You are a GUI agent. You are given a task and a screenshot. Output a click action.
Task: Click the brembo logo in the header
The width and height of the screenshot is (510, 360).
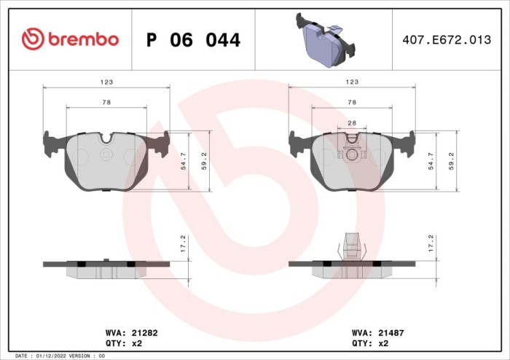(70, 39)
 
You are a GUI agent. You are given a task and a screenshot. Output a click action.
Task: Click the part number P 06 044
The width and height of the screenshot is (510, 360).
(193, 40)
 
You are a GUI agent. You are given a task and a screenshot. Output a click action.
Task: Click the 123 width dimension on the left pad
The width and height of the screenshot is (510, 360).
(106, 82)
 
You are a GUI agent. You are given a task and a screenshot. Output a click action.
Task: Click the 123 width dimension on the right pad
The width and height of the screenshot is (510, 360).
(352, 82)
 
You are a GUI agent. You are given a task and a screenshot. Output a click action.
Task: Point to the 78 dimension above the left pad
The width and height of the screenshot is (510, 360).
(106, 103)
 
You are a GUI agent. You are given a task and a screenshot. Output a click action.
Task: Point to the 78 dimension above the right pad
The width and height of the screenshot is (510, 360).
(352, 103)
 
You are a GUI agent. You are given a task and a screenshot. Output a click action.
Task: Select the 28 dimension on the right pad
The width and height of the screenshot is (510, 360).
(352, 123)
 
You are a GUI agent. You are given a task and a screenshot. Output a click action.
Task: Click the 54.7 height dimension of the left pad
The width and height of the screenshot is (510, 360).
(186, 161)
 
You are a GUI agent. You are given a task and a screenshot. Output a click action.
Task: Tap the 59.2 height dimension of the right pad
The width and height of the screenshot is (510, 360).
(452, 161)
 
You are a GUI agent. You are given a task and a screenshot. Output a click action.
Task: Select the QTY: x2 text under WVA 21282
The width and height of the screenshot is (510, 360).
(124, 343)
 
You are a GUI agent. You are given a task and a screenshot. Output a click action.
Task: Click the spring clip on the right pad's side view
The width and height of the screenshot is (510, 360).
(352, 246)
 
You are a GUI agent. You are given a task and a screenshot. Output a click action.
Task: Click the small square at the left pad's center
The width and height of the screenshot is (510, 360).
(106, 154)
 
